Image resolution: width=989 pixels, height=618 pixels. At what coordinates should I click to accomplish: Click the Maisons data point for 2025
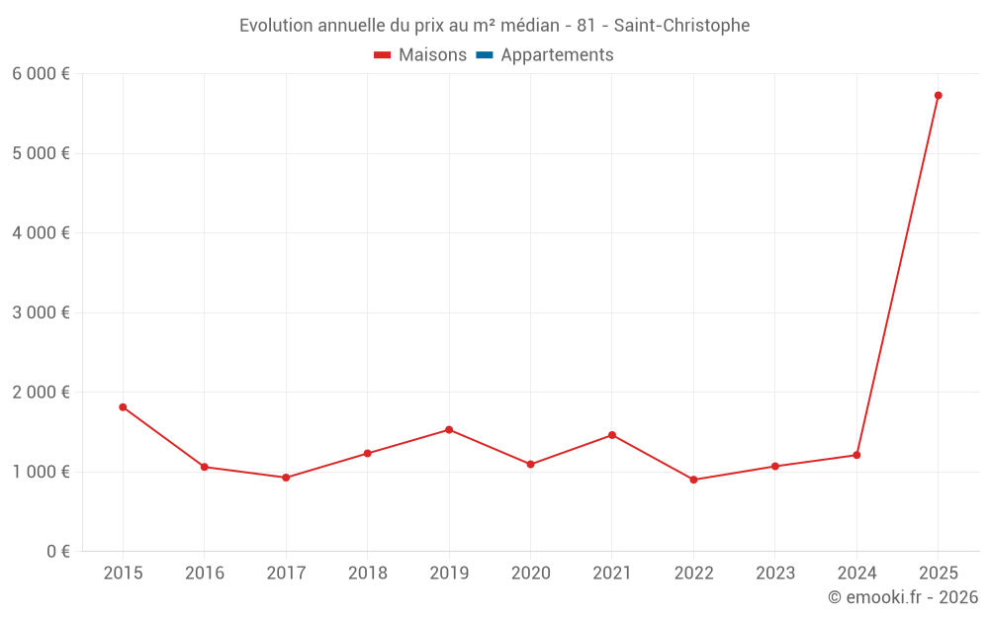click(x=938, y=96)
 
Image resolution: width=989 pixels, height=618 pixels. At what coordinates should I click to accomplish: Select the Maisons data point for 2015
click(x=123, y=407)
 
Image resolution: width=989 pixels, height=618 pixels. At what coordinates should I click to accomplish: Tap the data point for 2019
click(x=449, y=430)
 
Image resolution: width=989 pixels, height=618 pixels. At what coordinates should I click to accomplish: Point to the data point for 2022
click(x=693, y=480)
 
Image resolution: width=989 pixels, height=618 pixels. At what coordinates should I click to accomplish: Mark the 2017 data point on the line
click(x=286, y=478)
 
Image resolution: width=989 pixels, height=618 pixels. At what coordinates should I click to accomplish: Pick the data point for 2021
click(x=612, y=435)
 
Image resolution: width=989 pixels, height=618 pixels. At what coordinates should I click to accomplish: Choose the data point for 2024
click(x=856, y=455)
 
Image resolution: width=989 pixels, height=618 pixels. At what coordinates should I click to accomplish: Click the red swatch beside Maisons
click(x=383, y=55)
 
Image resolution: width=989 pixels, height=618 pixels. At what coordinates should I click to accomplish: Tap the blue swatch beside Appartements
click(x=485, y=55)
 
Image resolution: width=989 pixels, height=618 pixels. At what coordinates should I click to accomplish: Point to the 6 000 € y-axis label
click(x=41, y=74)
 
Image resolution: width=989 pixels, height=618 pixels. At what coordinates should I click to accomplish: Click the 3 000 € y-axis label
click(x=41, y=312)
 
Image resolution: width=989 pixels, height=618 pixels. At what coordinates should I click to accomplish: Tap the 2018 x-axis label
click(x=367, y=574)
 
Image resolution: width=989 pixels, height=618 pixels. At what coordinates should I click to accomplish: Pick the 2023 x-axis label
click(x=774, y=574)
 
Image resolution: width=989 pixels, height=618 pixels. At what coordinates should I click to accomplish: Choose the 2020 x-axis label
click(x=530, y=574)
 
